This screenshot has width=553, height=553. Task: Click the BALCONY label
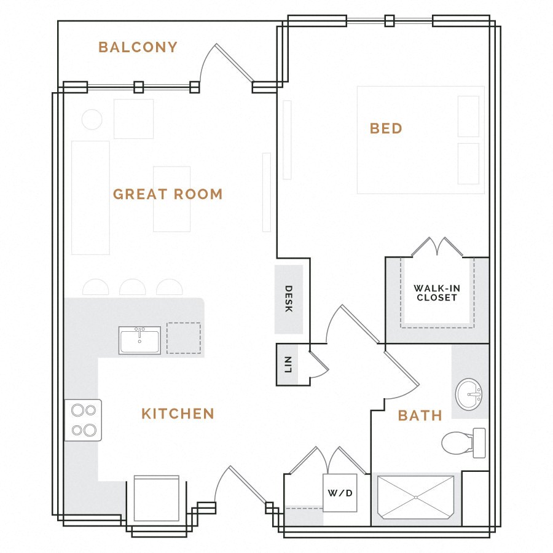click(138, 47)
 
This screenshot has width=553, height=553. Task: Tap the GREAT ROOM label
click(168, 194)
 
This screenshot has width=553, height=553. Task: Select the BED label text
click(386, 128)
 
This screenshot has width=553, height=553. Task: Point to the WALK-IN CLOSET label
click(436, 292)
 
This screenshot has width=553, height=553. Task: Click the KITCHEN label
click(178, 414)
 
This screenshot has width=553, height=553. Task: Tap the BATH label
click(420, 415)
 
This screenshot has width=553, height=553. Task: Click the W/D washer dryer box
click(340, 493)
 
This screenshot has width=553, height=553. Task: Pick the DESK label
click(288, 299)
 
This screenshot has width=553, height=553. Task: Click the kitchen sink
click(139, 340)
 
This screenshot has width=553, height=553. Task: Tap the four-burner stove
click(84, 420)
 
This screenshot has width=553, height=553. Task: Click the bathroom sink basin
click(470, 394)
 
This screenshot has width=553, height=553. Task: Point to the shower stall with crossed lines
click(417, 499)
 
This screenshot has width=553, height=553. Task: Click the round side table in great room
click(92, 119)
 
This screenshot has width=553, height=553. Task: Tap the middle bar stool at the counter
click(132, 288)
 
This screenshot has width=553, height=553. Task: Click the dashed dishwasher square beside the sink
click(184, 339)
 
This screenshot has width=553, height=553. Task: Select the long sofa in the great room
click(90, 197)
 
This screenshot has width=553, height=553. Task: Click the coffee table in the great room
click(171, 199)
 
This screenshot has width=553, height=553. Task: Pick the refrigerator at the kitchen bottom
click(156, 499)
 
